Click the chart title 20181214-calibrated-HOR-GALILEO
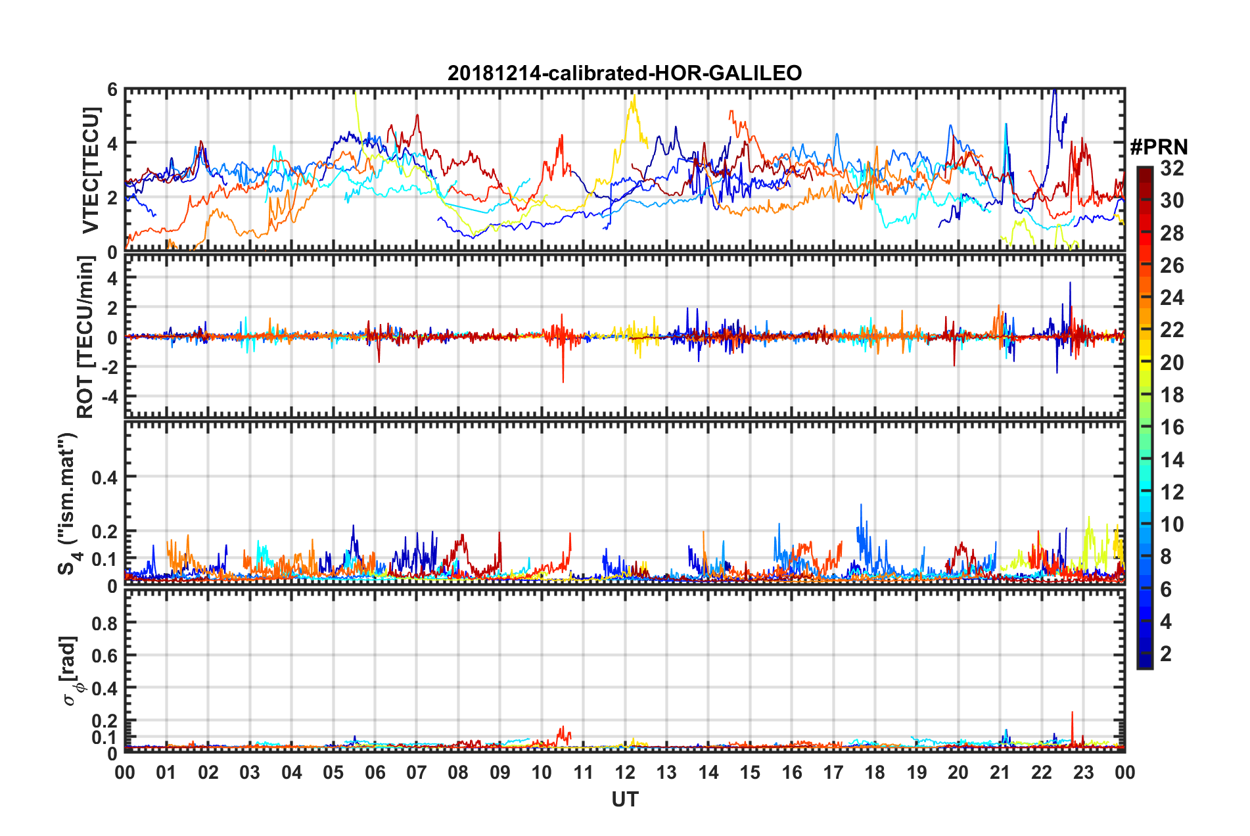(624, 73)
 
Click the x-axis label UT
(624, 799)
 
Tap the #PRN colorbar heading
(1158, 147)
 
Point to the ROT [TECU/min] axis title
(85, 337)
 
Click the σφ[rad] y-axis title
(71, 670)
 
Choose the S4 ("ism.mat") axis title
(68, 503)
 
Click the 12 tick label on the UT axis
(625, 772)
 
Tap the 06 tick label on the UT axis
(375, 772)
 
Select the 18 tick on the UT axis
(875, 772)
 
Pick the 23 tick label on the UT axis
(1083, 772)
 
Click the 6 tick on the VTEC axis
(112, 89)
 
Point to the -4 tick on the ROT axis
(108, 397)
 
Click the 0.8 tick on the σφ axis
(105, 623)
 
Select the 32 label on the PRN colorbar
(1172, 168)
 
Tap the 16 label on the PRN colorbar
(1172, 427)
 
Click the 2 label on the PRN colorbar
(1166, 654)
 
